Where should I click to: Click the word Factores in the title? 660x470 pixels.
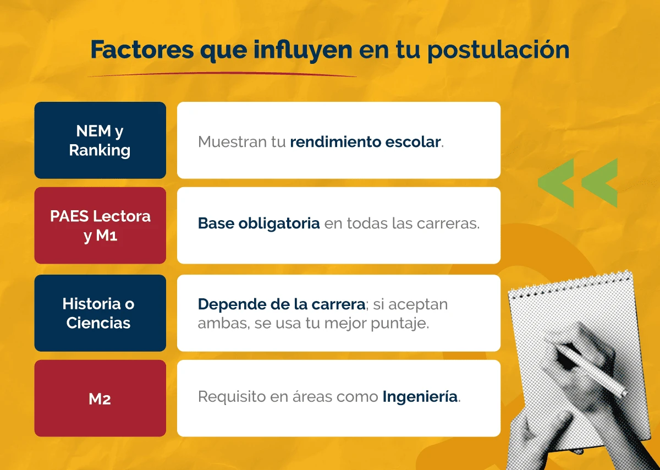pos(141,50)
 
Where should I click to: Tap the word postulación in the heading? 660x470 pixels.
pos(498,50)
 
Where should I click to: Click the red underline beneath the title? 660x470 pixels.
pos(220,74)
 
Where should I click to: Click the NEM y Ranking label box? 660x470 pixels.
pos(100,140)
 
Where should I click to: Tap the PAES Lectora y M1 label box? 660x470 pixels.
pos(100,225)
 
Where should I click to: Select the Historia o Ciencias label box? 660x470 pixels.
pos(100,313)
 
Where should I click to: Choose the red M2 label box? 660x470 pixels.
pos(100,398)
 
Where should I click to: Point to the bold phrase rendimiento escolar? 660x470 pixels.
pos(366,141)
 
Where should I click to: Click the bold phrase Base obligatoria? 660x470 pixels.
pos(258,224)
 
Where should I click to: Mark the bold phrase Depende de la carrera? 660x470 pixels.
pos(281,304)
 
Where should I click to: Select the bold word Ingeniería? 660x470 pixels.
pos(420,396)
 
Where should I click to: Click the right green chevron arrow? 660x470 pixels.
pos(600,183)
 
